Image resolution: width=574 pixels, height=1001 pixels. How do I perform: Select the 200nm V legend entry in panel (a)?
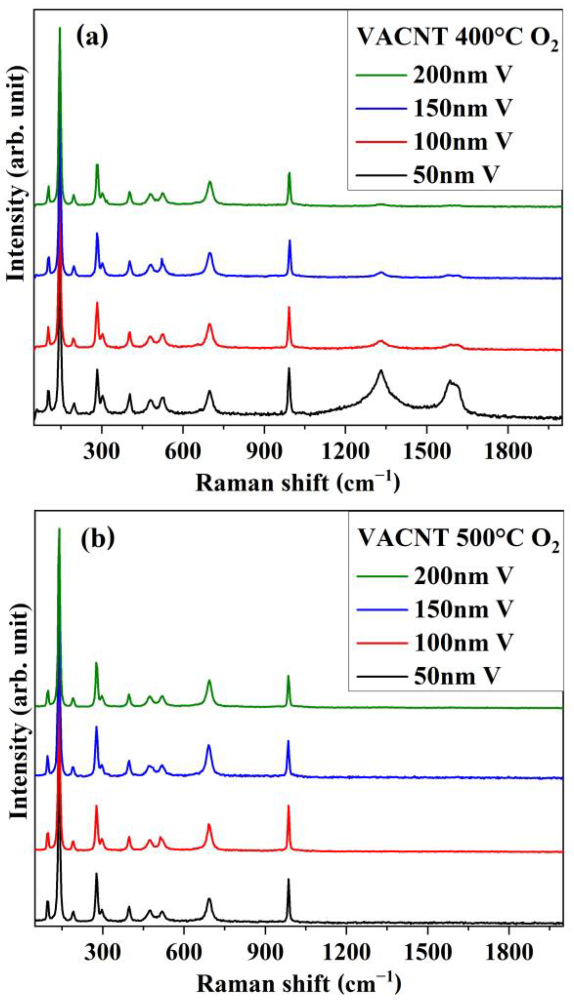click(462, 74)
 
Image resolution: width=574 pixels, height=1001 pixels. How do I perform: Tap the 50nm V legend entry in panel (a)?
click(456, 174)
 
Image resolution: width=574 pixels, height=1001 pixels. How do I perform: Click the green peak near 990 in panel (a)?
click(289, 175)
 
